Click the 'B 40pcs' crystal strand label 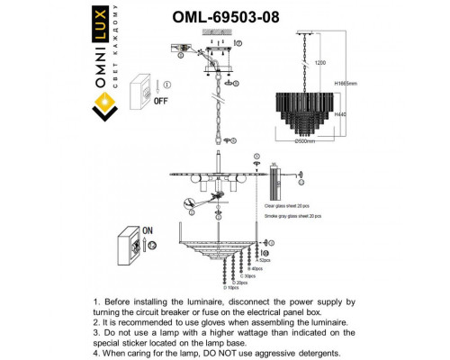256,267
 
